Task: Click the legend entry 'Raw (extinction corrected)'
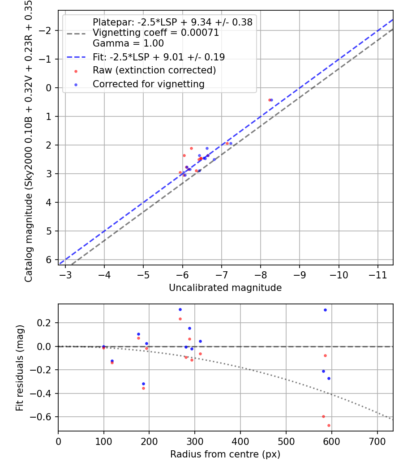[x=154, y=70]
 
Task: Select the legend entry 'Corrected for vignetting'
[x=148, y=84]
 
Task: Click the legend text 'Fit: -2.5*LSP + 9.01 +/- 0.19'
[x=159, y=57]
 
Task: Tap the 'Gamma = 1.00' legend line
[x=128, y=43]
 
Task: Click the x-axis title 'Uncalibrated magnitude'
[x=225, y=288]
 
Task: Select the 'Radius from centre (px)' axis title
[x=225, y=454]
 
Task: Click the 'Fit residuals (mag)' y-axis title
[x=20, y=367]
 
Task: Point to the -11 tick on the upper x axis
[x=377, y=274]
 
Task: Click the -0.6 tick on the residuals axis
[x=45, y=417]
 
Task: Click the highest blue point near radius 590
[x=325, y=310]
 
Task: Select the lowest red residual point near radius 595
[x=329, y=425]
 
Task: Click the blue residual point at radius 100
[x=104, y=346]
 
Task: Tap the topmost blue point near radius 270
[x=180, y=309]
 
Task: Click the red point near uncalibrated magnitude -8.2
[x=269, y=100]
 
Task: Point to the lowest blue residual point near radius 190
[x=143, y=384]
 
